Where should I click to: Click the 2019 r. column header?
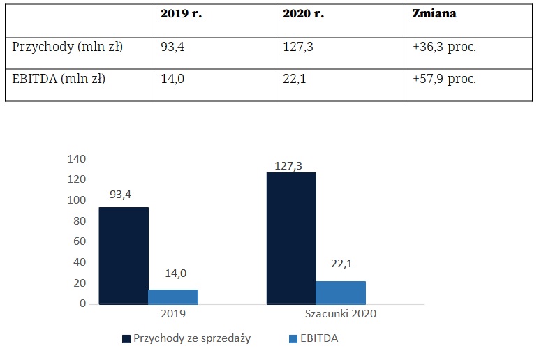pos(181,14)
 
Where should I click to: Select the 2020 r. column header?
pos(304,14)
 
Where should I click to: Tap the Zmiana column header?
pos(436,14)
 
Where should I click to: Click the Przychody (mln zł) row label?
pos(68,47)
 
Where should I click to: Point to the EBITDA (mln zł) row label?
pos(59,79)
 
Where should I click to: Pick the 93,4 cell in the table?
pos(173,47)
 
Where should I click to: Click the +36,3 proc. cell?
pos(445,47)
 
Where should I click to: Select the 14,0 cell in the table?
pos(173,79)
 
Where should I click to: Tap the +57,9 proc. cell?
pos(445,79)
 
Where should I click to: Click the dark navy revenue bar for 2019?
pos(124,255)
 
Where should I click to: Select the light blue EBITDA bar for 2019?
pos(173,297)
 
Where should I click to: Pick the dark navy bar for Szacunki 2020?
pos(291,238)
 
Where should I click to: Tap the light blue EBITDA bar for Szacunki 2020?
pos(341,292)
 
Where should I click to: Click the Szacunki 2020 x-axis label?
pos(341,314)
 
